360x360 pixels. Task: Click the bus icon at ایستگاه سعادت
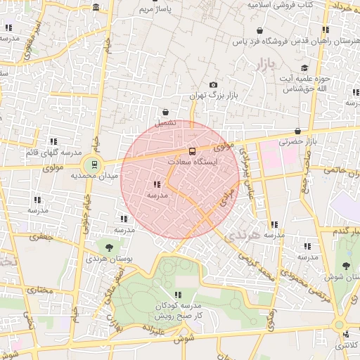(x=191, y=151)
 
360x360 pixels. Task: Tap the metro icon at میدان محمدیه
(x=94, y=166)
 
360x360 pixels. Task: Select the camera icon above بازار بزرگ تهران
(x=214, y=85)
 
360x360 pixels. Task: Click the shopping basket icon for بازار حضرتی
(x=298, y=131)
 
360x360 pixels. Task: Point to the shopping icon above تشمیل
(x=165, y=112)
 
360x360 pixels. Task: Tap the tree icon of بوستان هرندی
(x=109, y=246)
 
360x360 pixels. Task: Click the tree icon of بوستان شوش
(x=346, y=265)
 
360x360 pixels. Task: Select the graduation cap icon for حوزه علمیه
(x=304, y=68)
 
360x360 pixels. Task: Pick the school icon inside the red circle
(x=155, y=184)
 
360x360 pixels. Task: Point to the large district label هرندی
(x=243, y=236)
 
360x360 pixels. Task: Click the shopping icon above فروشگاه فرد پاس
(x=260, y=31)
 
